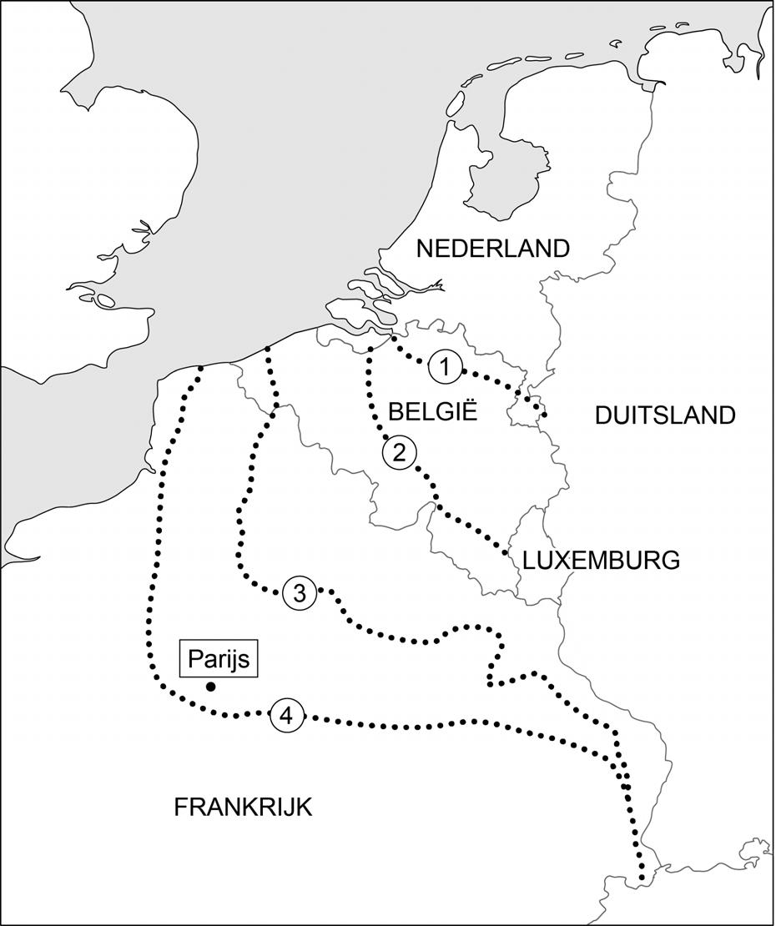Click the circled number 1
[446, 366]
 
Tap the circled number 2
[399, 453]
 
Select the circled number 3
[300, 593]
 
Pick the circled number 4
[286, 716]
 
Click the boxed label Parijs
[219, 659]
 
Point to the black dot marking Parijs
[211, 687]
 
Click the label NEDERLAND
[492, 249]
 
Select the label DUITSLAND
[665, 415]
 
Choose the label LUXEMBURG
[601, 560]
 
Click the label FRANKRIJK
[243, 808]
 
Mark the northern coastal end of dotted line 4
[201, 369]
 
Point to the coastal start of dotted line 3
[266, 349]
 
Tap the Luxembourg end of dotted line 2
[506, 552]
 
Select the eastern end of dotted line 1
[544, 414]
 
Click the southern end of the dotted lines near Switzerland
[641, 878]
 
